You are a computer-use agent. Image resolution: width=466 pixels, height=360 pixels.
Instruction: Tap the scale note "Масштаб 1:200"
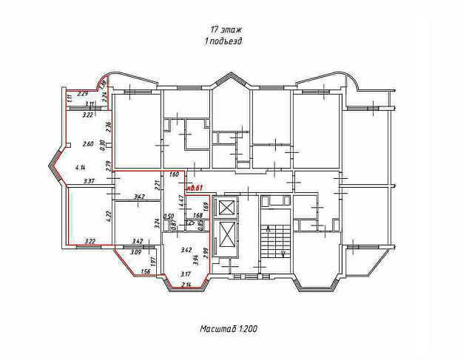click(x=229, y=327)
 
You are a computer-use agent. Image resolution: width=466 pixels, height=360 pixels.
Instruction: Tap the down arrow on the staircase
click(x=283, y=253)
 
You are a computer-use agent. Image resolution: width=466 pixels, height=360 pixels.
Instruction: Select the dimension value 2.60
click(x=89, y=143)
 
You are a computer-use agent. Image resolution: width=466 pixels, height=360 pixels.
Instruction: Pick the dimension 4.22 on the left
click(x=109, y=217)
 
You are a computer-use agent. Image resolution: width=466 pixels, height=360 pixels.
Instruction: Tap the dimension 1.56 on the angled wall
click(x=144, y=271)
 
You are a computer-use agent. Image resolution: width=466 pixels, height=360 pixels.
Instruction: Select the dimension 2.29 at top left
click(x=83, y=94)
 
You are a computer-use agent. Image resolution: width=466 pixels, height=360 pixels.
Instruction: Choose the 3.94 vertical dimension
click(x=195, y=259)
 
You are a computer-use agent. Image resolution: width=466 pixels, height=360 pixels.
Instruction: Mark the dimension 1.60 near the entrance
click(x=175, y=175)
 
